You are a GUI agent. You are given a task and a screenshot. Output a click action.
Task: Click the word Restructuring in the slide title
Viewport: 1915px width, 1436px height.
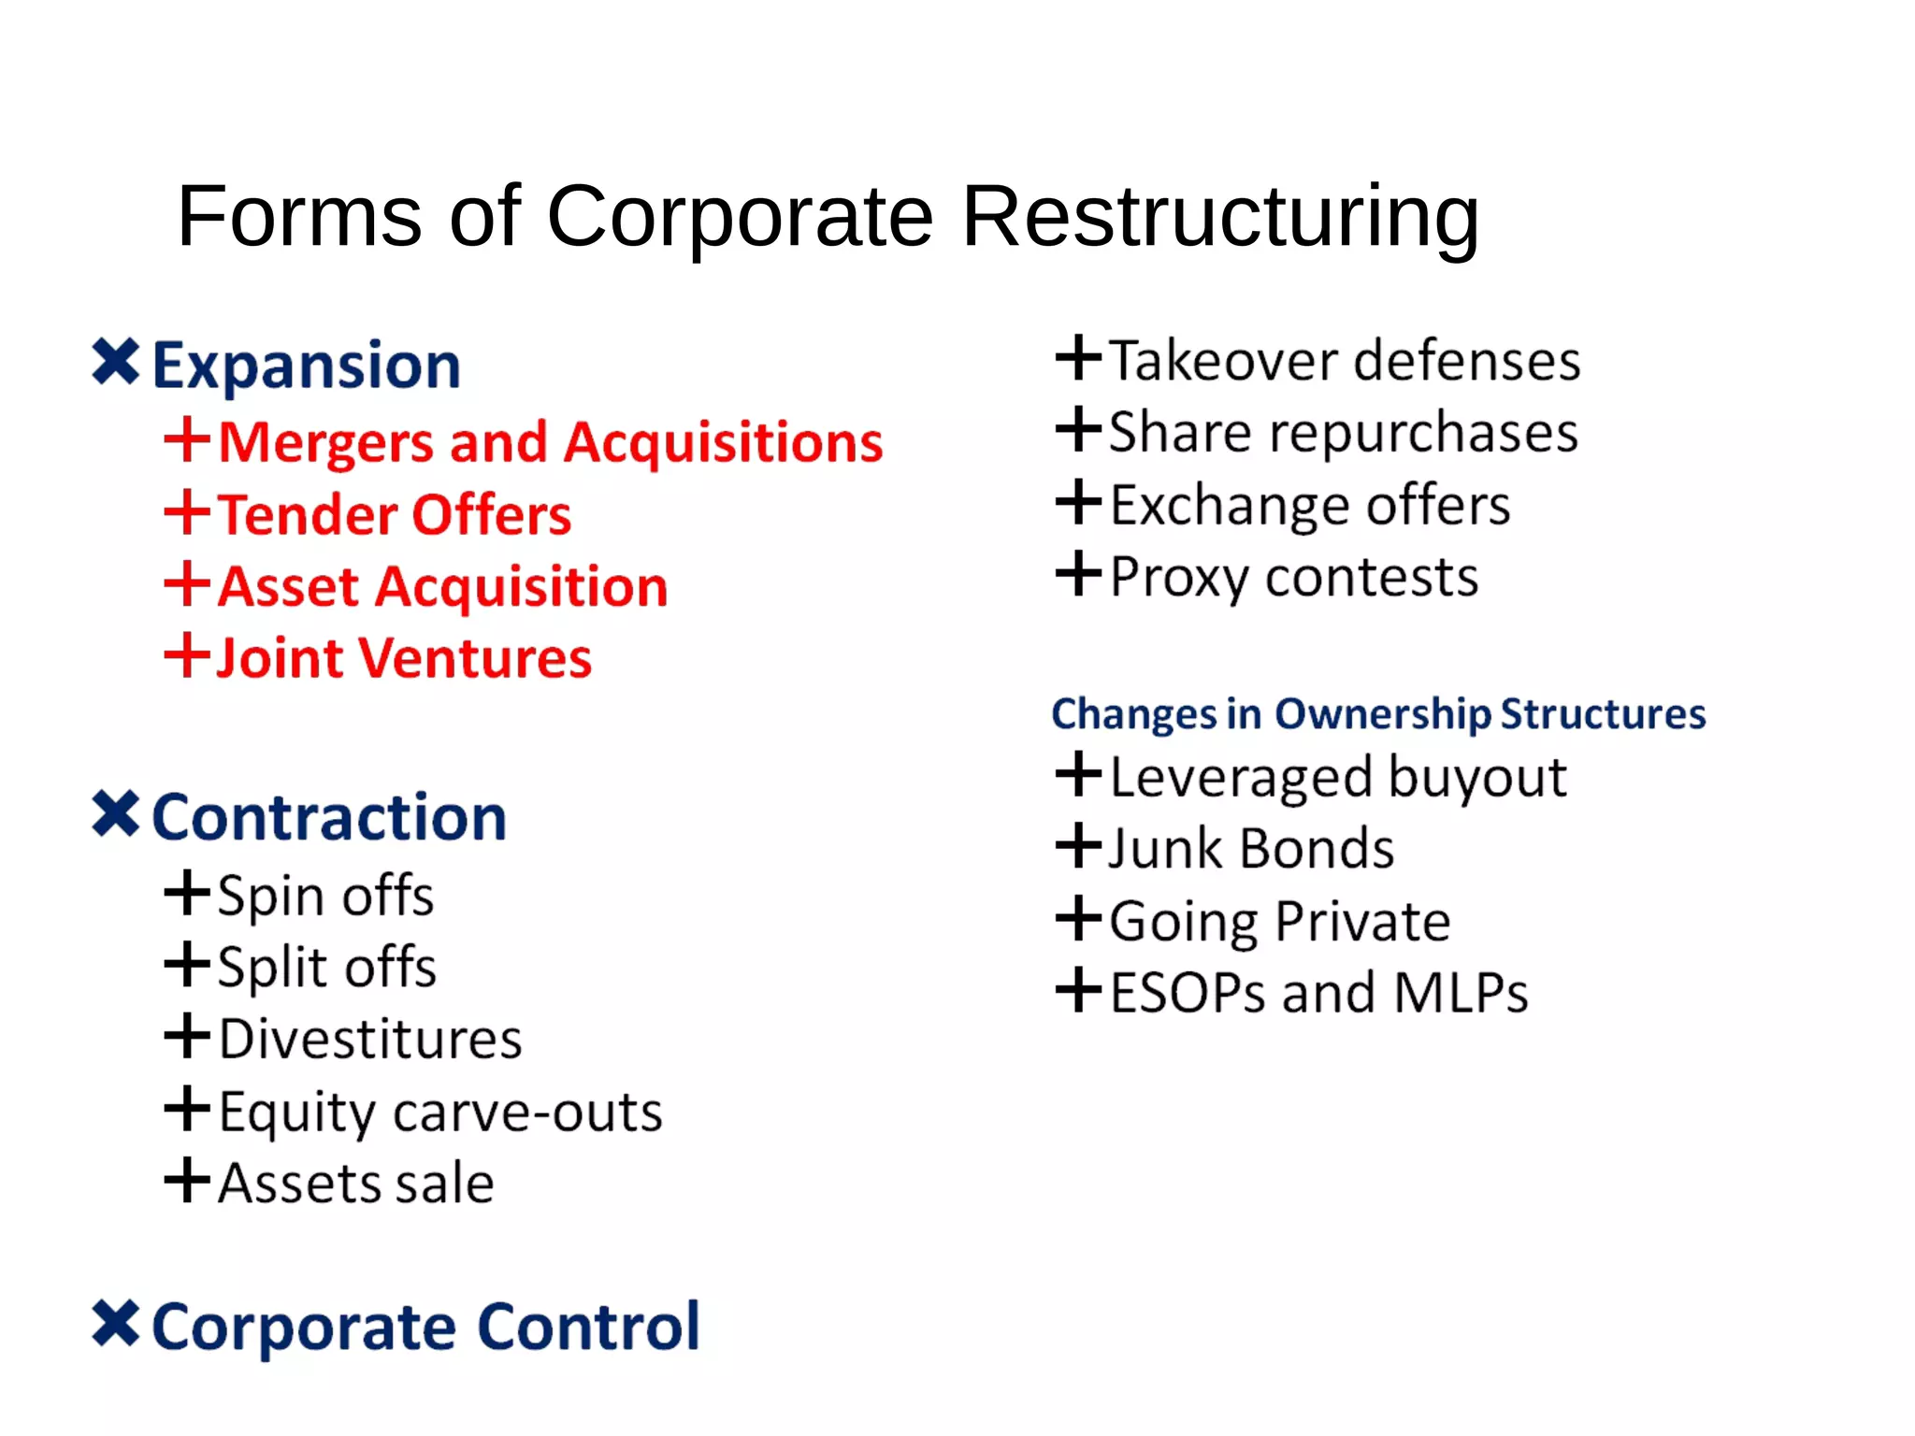click(x=1220, y=217)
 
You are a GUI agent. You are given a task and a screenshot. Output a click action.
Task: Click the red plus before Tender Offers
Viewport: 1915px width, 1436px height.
click(x=187, y=512)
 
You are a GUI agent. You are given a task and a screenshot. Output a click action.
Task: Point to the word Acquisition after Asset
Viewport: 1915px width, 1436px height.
click(x=522, y=588)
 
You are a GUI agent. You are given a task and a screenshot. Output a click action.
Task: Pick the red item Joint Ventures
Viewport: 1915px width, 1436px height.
click(x=404, y=658)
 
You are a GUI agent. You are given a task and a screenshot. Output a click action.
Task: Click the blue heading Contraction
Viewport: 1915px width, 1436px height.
click(x=329, y=817)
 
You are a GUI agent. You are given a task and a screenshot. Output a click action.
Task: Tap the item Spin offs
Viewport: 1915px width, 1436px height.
click(x=325, y=896)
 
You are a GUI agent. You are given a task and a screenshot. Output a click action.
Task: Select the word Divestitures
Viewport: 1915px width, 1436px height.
click(x=370, y=1040)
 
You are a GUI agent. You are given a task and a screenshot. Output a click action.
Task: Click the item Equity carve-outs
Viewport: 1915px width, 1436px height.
click(x=440, y=1112)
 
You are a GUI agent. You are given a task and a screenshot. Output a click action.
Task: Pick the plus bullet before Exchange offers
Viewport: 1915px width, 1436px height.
click(x=1078, y=502)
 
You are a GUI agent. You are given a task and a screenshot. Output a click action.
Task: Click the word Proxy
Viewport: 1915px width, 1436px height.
click(x=1178, y=578)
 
